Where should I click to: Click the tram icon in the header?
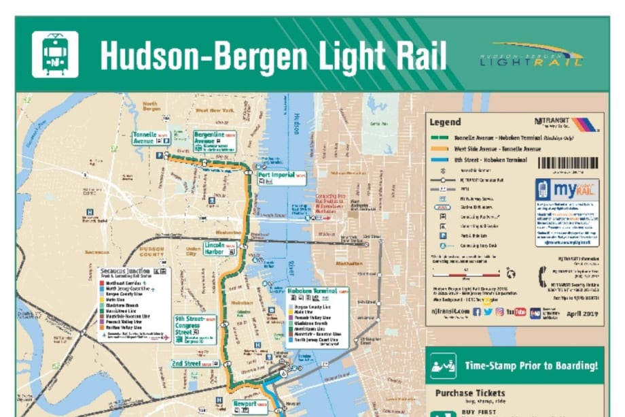click(x=55, y=54)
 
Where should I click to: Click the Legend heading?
click(x=445, y=122)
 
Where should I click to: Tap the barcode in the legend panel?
click(x=568, y=163)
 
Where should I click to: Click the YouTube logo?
click(x=520, y=312)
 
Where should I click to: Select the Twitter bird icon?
click(x=488, y=312)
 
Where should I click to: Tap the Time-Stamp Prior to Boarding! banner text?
click(x=531, y=366)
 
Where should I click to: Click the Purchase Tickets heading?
click(x=470, y=393)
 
